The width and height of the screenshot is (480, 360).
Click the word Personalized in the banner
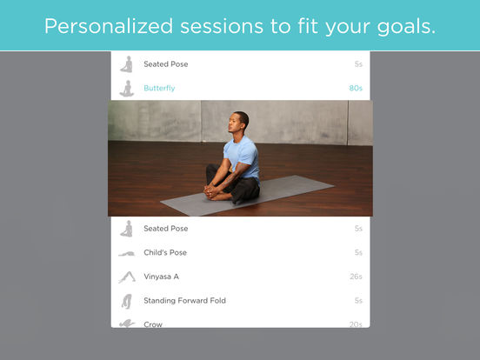(109, 26)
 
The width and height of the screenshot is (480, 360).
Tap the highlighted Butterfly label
(159, 88)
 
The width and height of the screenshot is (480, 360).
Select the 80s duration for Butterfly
(356, 88)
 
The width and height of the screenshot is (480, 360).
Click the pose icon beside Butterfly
(127, 89)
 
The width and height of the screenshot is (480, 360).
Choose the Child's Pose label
(165, 252)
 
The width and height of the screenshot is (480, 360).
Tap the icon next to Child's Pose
(127, 253)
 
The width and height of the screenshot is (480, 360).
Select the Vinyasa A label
(162, 277)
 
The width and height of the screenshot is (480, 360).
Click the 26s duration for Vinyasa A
(356, 277)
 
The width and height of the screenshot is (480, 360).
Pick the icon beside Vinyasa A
(127, 277)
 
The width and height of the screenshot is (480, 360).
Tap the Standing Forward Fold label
(185, 301)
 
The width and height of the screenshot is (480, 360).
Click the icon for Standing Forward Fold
(127, 301)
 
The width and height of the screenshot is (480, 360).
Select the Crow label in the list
(153, 324)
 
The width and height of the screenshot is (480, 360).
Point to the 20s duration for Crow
(356, 324)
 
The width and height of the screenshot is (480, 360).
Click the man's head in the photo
(239, 122)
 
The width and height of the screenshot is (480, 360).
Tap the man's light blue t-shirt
(242, 157)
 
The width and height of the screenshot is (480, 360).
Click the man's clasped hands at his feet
(211, 191)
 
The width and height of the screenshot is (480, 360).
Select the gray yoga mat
(247, 196)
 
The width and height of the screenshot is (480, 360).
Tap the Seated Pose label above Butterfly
(165, 64)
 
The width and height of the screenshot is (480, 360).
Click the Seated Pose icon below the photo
(127, 229)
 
